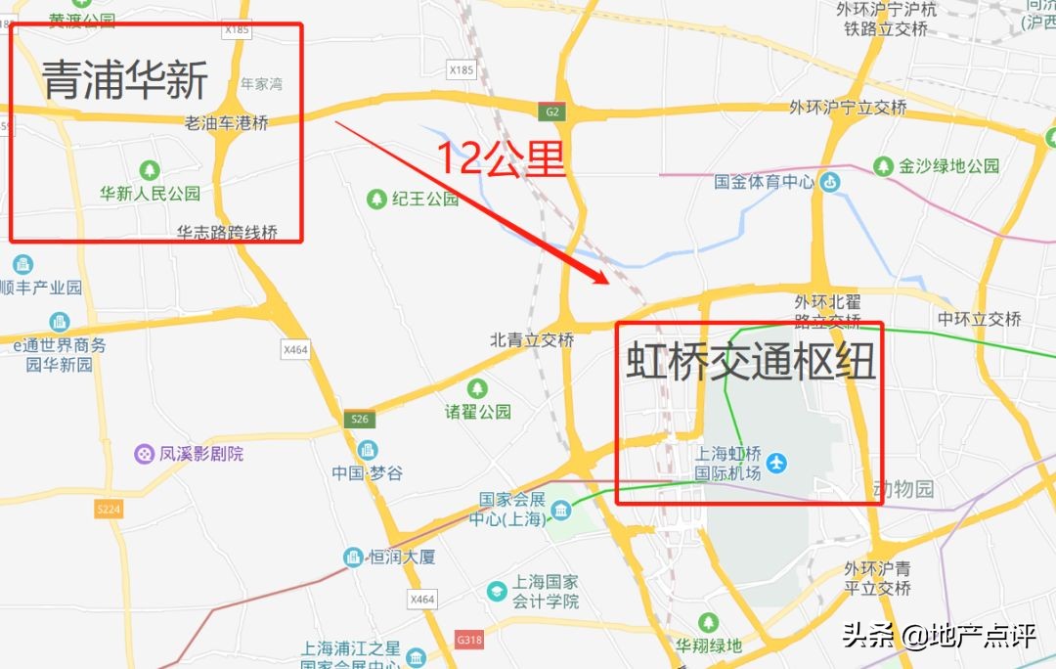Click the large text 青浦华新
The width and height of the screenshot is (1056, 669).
(x=125, y=79)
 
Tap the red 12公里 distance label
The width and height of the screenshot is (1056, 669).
(x=500, y=156)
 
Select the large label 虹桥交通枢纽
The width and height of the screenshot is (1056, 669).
(x=750, y=361)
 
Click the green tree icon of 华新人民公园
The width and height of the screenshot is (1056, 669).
(x=150, y=170)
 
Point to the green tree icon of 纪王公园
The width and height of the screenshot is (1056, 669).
(x=376, y=199)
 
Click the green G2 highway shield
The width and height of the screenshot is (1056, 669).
(x=553, y=111)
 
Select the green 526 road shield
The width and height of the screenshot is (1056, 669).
(x=359, y=420)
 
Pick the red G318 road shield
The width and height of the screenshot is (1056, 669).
(x=469, y=639)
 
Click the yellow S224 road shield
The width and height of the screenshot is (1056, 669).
(x=108, y=510)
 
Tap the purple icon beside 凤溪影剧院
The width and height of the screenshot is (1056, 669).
(x=145, y=454)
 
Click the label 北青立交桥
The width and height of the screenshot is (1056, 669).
(x=532, y=340)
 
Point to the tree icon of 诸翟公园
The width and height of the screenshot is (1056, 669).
(x=477, y=388)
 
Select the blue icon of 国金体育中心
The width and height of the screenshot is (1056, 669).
(x=830, y=181)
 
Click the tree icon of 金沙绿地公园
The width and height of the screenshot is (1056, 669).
(x=884, y=166)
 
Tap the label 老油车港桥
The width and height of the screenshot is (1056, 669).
(x=226, y=123)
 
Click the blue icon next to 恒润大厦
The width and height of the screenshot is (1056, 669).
(x=353, y=557)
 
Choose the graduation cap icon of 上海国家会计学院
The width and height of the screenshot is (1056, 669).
(x=497, y=591)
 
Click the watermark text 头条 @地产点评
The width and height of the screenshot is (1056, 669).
(x=938, y=637)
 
